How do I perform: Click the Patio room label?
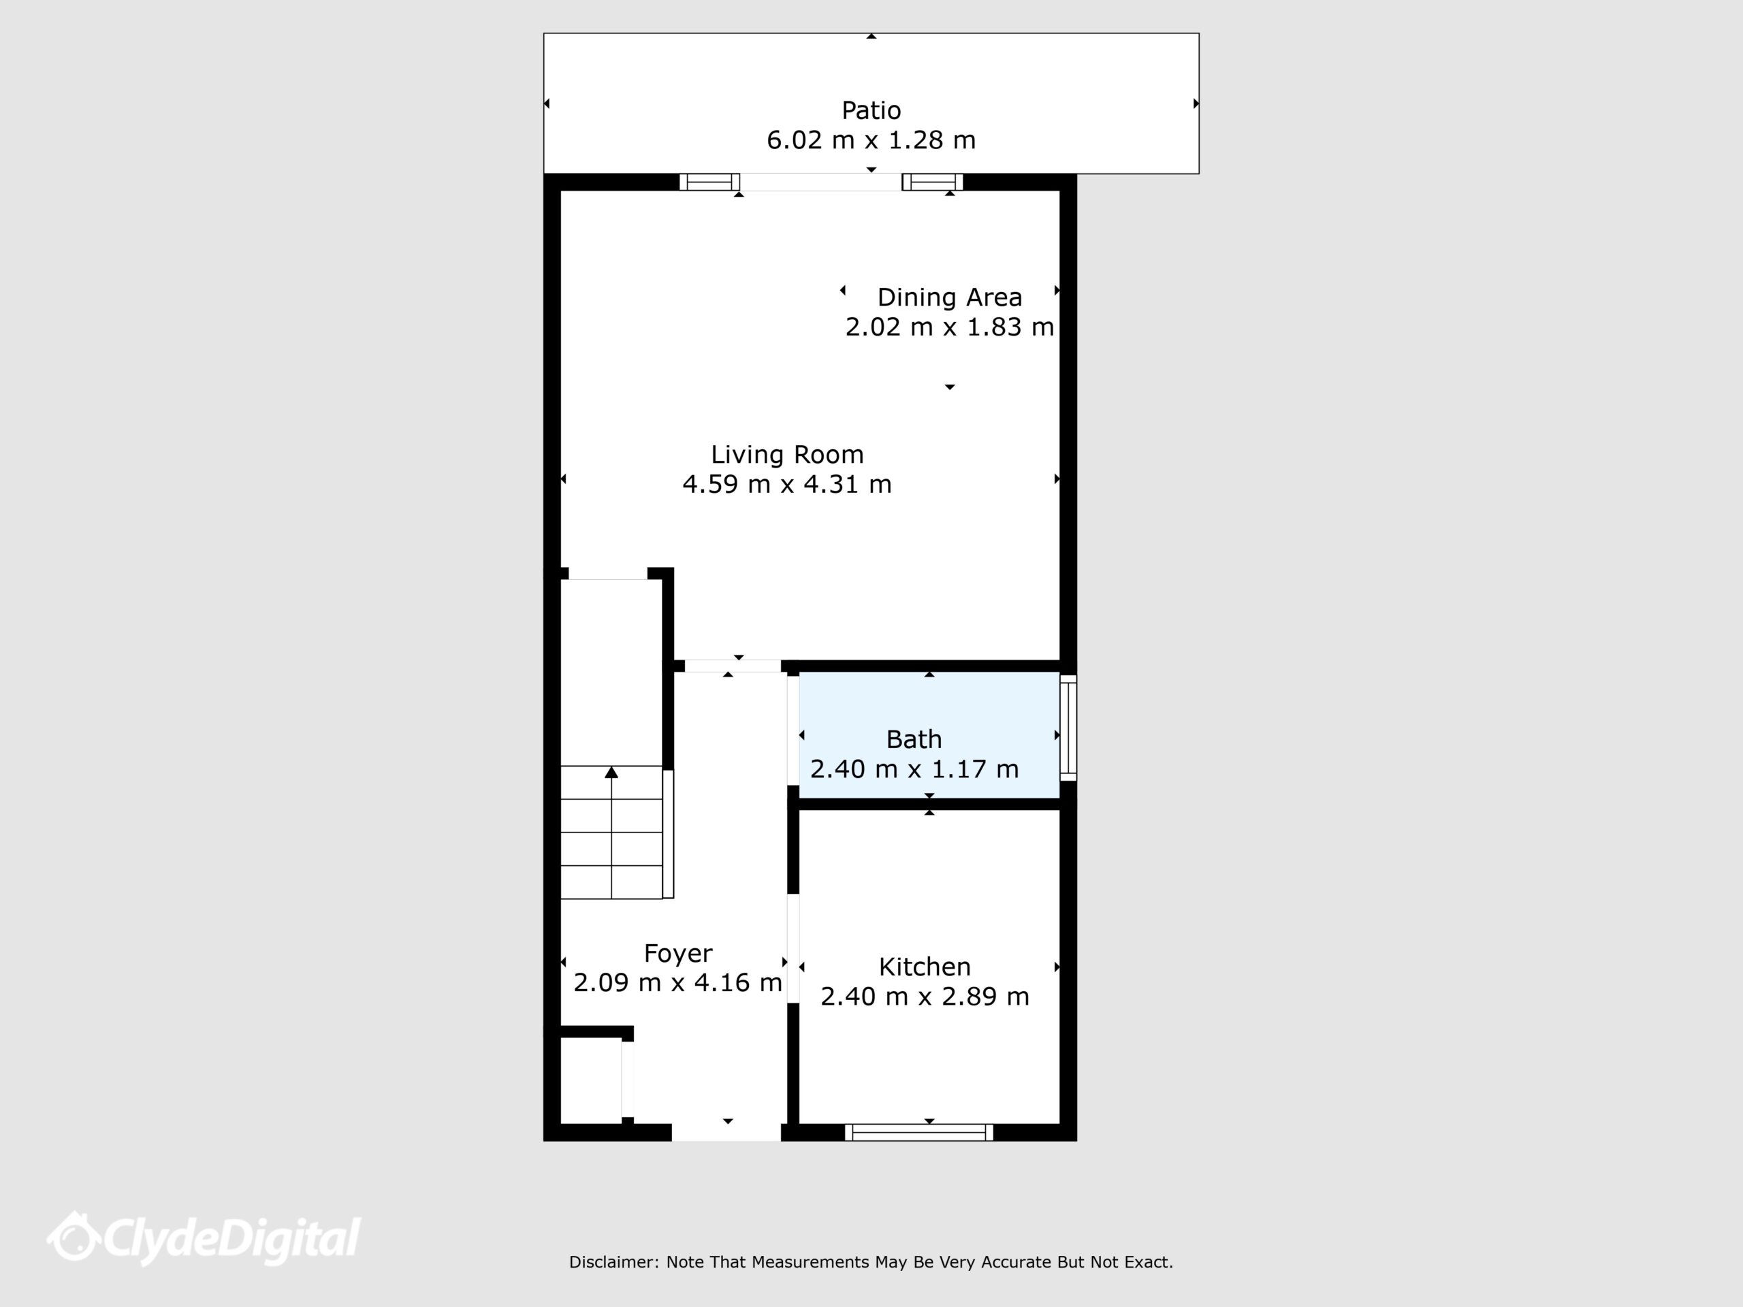(871, 110)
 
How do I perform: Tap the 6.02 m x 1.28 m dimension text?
(871, 140)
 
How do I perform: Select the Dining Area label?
(950, 297)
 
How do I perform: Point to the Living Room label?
(787, 455)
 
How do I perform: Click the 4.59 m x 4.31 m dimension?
(787, 484)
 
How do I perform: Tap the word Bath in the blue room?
(914, 739)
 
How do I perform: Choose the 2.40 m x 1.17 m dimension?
(914, 769)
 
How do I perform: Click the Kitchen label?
(925, 967)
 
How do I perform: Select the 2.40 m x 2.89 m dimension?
(925, 997)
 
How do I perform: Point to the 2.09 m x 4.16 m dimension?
(677, 982)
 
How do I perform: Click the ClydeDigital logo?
(204, 1239)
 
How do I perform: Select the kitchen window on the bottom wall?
(918, 1133)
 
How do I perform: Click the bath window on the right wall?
(1068, 728)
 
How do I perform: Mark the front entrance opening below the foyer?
(726, 1133)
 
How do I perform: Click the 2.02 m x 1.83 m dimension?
(950, 327)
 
